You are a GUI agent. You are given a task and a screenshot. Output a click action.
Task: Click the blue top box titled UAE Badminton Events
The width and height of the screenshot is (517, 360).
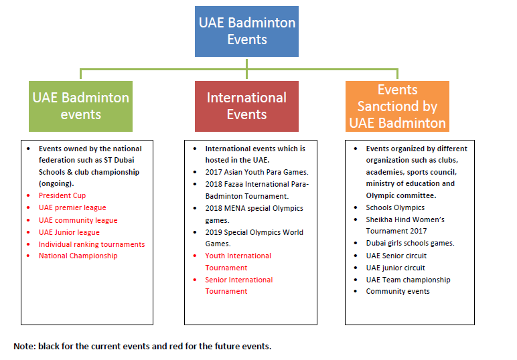pos(246,31)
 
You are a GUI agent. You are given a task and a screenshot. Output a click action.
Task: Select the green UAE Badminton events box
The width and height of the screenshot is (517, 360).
pos(80,106)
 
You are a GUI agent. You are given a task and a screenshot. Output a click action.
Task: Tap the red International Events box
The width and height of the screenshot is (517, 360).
pos(246,106)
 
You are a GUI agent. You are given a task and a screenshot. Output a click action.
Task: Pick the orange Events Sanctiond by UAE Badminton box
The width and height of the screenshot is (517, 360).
pos(397,106)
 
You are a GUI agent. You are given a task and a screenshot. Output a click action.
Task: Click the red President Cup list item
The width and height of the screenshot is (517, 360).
pos(62,196)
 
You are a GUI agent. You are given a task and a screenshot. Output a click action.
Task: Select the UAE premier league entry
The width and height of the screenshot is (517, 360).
pos(72,208)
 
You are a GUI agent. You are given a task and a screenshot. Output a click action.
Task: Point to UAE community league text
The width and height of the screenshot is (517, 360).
pos(78,220)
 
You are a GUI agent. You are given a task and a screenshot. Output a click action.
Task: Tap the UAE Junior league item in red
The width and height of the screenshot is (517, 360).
pos(69,232)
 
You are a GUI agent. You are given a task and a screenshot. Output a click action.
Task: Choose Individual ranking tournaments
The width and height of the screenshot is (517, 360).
pos(92,244)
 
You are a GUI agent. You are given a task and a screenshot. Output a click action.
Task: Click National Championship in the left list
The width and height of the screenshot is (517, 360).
pos(78,256)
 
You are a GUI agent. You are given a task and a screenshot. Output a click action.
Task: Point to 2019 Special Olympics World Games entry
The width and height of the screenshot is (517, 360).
pos(254,238)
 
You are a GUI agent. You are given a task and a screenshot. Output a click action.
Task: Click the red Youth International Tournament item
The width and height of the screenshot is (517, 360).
pos(238,262)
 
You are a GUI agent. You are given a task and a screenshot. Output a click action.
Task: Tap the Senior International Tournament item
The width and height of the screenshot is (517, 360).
pos(239,286)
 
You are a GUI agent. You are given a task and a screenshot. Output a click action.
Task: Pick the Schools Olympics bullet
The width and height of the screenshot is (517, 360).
pos(395,208)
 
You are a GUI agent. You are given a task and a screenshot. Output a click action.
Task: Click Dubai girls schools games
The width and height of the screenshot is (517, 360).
pos(410,243)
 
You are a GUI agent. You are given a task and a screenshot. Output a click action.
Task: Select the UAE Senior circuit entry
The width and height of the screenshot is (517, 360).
pos(396,256)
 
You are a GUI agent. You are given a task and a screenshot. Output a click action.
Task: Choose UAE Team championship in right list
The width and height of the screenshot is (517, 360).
pos(408,280)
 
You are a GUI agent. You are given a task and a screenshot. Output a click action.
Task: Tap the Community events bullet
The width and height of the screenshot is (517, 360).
pos(398,291)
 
